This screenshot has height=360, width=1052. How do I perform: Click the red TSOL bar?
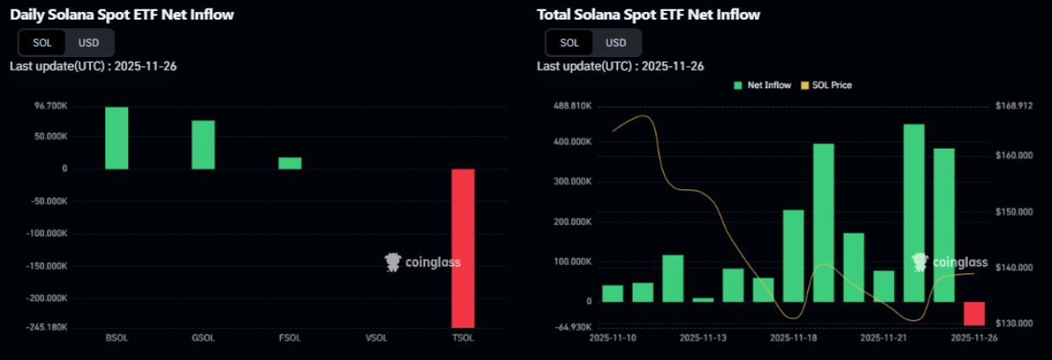click(x=463, y=248)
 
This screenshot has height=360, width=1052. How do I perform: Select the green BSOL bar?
click(x=116, y=138)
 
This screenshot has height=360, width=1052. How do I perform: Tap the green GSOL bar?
click(x=203, y=144)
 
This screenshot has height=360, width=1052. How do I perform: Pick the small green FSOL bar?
click(x=290, y=163)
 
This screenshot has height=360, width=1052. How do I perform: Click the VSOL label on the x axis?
click(x=376, y=337)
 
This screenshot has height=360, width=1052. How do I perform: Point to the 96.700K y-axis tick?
click(x=51, y=106)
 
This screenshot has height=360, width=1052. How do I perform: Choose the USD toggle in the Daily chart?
click(x=89, y=42)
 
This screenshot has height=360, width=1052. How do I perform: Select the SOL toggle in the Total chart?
click(x=570, y=42)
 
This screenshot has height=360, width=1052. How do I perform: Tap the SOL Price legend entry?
click(x=825, y=85)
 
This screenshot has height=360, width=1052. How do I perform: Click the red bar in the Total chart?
click(x=974, y=313)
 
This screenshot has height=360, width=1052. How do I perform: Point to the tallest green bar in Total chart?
click(x=914, y=212)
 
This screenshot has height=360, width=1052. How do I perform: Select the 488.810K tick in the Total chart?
click(x=572, y=106)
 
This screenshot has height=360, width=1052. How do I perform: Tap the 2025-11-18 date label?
click(x=793, y=337)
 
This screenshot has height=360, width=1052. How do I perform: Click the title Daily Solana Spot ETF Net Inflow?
click(x=122, y=14)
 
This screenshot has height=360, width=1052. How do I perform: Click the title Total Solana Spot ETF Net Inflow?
click(x=649, y=14)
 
